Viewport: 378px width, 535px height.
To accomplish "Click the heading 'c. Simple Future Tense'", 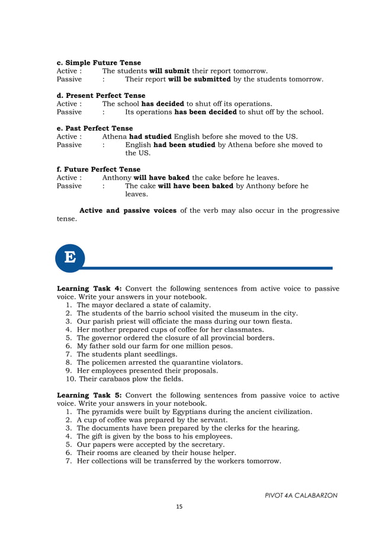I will (98, 63).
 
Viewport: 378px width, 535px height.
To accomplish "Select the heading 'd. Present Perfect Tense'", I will (101, 95).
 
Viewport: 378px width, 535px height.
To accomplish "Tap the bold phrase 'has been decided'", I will (206, 112).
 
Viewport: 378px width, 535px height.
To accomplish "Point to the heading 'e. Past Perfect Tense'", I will (95, 128).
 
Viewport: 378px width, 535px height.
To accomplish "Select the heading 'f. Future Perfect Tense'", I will (98, 169).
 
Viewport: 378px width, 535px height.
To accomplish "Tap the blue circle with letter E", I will (70, 258).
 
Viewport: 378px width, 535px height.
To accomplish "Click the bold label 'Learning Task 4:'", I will (89, 289).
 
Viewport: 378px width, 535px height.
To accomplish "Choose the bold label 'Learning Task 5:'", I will (89, 395).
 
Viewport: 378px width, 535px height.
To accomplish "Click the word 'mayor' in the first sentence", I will (103, 305).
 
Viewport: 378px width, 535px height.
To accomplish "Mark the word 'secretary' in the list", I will (207, 444).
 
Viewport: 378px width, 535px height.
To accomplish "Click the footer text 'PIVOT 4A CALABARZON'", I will (302, 495).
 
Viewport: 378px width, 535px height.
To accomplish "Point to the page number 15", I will (180, 507).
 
